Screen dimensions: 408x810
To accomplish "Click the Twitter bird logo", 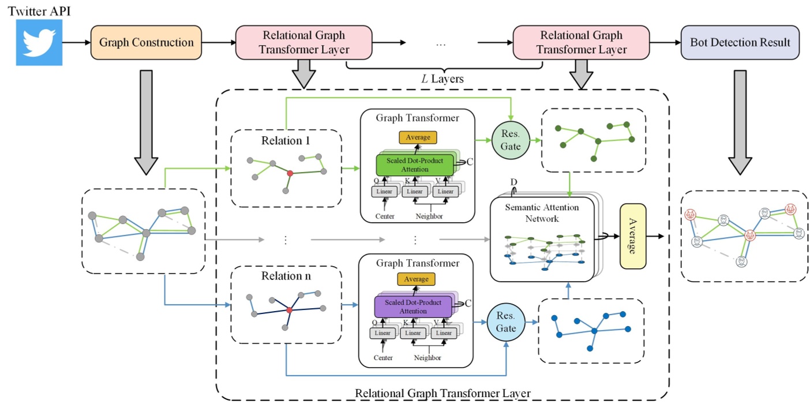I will click(x=39, y=43).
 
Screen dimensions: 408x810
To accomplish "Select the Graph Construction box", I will click(x=146, y=43).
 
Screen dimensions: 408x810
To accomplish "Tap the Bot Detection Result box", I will click(x=740, y=43).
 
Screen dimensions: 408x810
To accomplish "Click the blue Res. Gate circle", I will click(x=505, y=322).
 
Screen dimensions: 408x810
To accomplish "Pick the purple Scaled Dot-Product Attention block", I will click(x=412, y=306).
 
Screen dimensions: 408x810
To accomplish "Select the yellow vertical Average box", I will click(x=633, y=236).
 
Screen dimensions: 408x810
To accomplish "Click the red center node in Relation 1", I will click(x=290, y=173).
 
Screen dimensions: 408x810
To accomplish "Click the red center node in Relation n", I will click(x=290, y=310).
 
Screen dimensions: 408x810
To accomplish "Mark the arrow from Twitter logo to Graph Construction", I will click(x=76, y=43).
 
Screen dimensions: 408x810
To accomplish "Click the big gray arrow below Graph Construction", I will click(x=146, y=121).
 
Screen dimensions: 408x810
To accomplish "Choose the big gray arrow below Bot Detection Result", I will click(x=740, y=121).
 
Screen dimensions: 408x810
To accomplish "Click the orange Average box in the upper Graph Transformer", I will click(x=418, y=137).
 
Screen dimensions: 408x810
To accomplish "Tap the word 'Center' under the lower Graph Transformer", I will click(x=382, y=358).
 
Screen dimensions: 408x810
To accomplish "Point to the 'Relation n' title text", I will click(x=286, y=276).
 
